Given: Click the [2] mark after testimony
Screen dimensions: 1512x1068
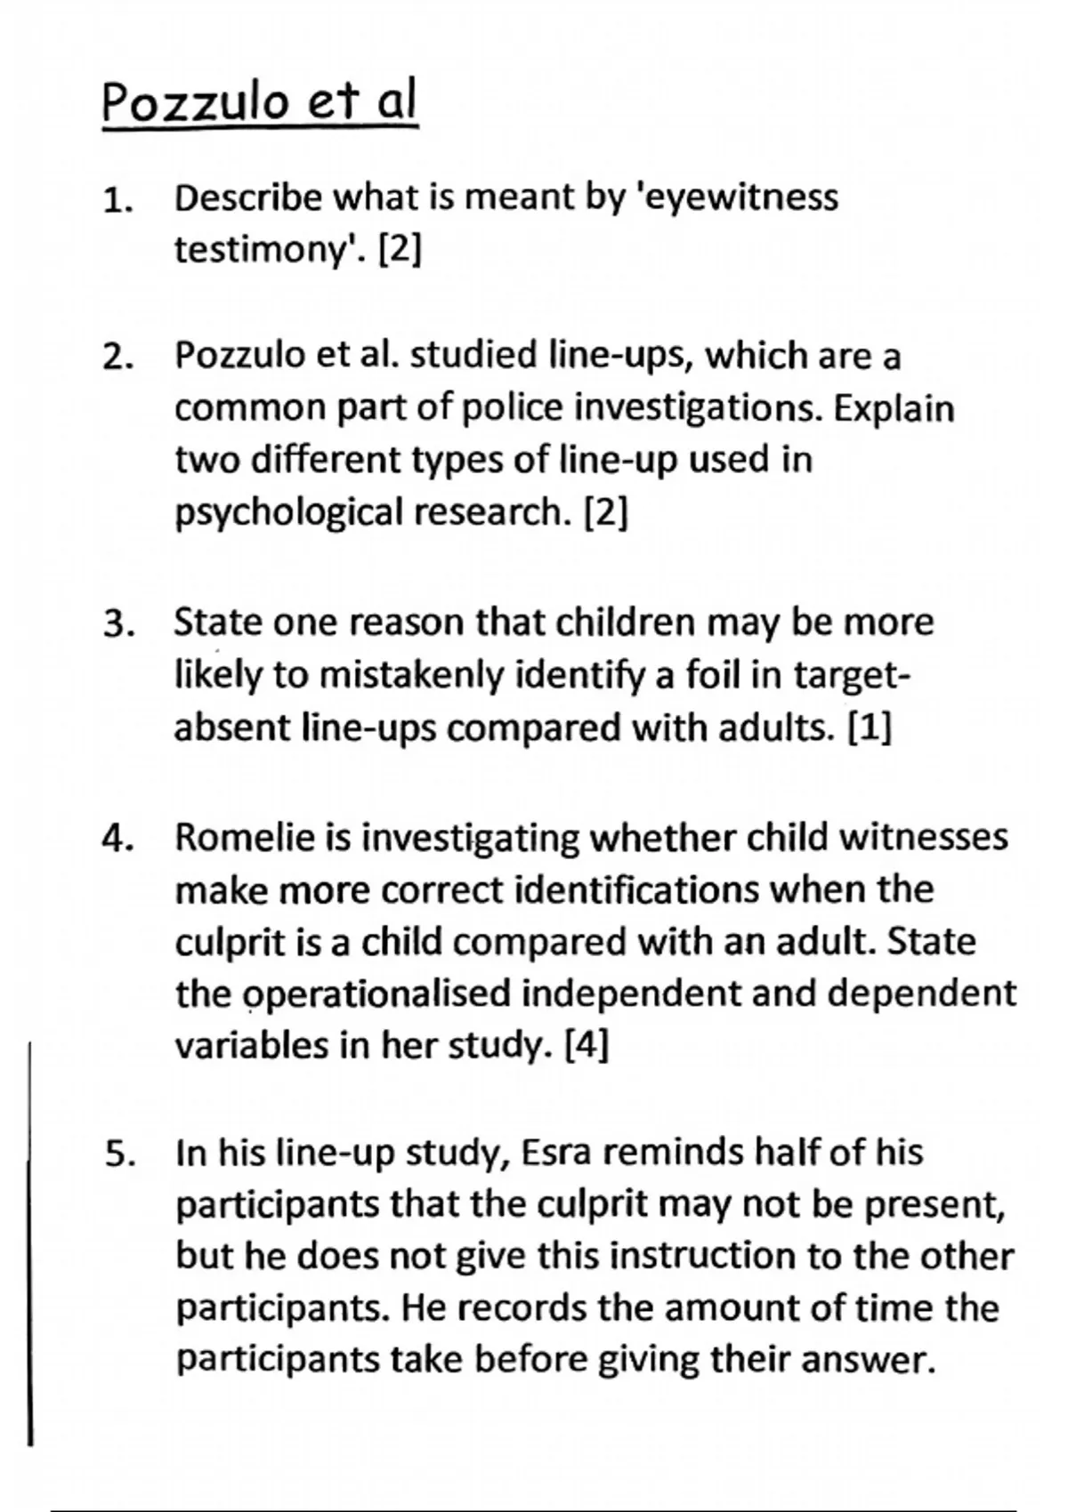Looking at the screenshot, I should click(400, 250).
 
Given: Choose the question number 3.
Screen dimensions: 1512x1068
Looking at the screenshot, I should click(117, 624).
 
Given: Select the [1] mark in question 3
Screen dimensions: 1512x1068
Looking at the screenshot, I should click(869, 728).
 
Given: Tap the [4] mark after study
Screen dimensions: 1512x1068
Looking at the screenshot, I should click(587, 1045).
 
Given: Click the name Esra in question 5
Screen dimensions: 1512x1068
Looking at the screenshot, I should click(554, 1152).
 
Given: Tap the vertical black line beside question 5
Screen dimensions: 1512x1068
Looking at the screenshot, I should click(30, 1245).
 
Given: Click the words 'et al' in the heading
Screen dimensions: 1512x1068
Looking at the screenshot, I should click(362, 103).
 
